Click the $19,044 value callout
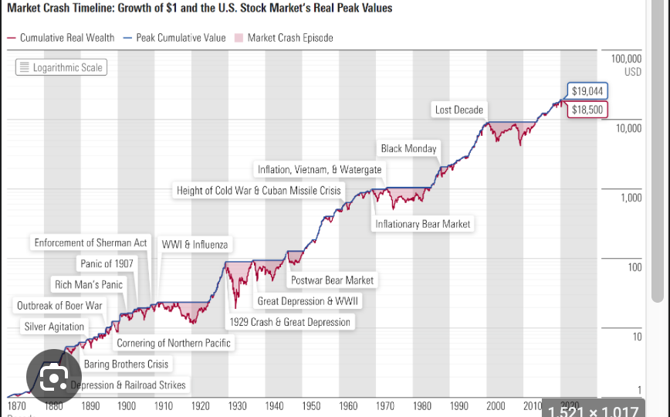tap(587, 91)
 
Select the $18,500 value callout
tap(587, 110)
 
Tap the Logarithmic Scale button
tap(60, 67)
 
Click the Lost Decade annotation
tap(459, 110)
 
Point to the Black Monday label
tap(408, 148)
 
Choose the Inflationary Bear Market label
tap(422, 224)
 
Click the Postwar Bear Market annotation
tap(332, 280)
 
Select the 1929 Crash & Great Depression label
tap(289, 322)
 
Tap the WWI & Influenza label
tap(195, 244)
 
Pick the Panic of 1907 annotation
tap(107, 263)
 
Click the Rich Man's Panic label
tap(89, 284)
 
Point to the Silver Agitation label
tap(54, 327)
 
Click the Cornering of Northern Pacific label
tap(174, 343)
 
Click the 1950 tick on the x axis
tap(311, 405)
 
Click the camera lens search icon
tap(53, 378)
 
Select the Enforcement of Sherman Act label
tap(90, 242)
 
